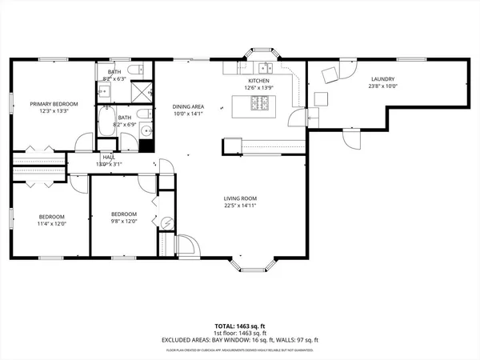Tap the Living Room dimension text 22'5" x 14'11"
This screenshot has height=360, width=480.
tap(245, 205)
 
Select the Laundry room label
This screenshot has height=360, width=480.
tap(382, 78)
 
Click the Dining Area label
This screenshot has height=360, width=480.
tap(189, 106)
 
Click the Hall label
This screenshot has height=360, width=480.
tap(108, 158)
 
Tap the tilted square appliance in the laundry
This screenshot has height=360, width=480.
tap(329, 75)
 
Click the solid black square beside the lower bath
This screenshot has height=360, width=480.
tap(145, 146)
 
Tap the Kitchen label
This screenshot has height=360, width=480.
tap(258, 81)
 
